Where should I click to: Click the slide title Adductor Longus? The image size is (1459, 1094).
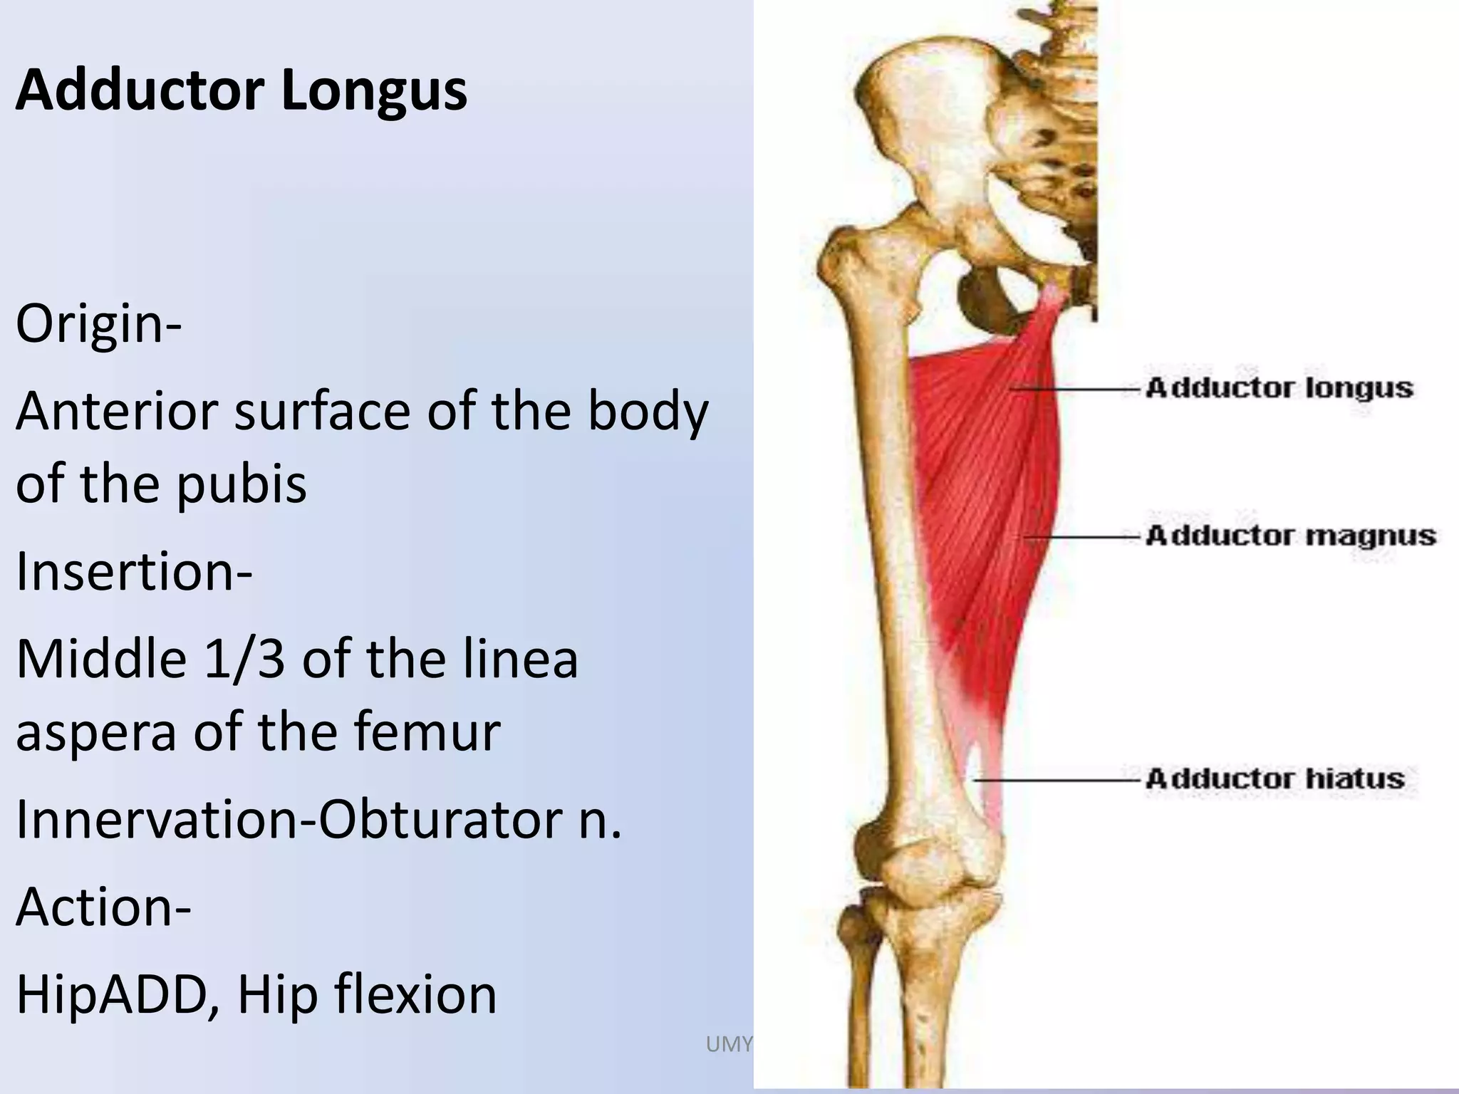click(x=242, y=90)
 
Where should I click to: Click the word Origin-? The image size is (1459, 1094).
click(x=99, y=324)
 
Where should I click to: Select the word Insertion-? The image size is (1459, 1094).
click(x=134, y=571)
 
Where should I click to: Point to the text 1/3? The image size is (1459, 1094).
click(x=244, y=659)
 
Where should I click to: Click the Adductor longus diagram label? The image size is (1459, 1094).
click(x=1279, y=388)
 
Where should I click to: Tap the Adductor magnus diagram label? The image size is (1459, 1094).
click(x=1290, y=536)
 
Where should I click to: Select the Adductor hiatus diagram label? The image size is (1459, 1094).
click(x=1274, y=778)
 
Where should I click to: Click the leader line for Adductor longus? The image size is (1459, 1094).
click(x=1076, y=389)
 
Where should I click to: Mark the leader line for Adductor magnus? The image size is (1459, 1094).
click(x=1083, y=536)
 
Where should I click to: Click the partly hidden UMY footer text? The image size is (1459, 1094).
click(x=728, y=1044)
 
